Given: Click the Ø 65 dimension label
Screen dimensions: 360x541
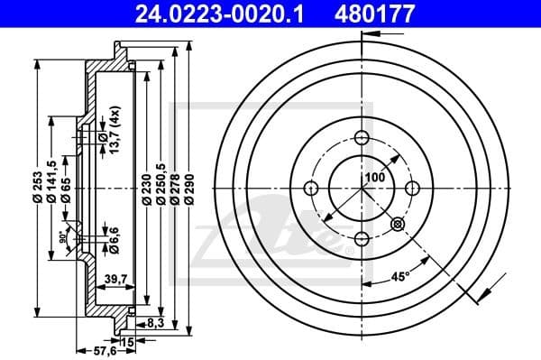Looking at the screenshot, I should point(68,189).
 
